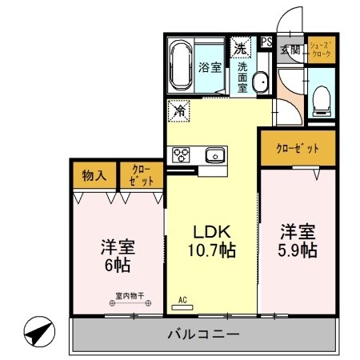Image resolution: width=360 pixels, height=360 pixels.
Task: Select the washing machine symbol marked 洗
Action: (x=240, y=47)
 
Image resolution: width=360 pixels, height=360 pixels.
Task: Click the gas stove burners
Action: (x=178, y=154)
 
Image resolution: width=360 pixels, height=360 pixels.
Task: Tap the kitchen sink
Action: (x=214, y=154)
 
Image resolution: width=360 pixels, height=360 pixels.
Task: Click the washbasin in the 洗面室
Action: (x=261, y=83)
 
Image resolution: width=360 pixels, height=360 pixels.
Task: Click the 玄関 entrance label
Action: (x=289, y=50)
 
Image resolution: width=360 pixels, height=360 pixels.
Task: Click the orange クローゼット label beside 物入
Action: (x=141, y=174)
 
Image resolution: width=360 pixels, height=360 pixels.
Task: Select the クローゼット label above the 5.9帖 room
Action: (x=297, y=149)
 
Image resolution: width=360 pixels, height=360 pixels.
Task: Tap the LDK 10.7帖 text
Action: (x=210, y=241)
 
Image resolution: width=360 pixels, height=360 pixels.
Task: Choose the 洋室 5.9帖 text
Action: (x=298, y=240)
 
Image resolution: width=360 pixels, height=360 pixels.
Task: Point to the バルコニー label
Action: (x=202, y=335)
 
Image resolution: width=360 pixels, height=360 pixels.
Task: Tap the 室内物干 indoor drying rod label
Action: (x=129, y=296)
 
